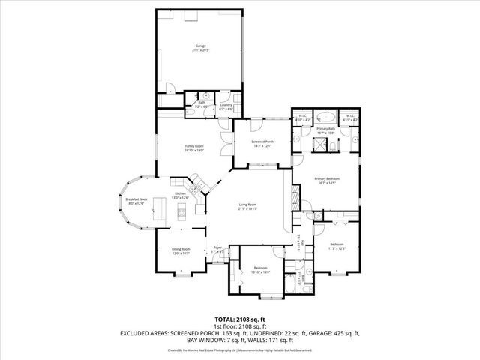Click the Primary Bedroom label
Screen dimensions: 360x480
pos(327,180)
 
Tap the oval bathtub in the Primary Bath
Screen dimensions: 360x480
pos(327,117)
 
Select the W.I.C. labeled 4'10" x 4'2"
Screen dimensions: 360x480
pos(303,117)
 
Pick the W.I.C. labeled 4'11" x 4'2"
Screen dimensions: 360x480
pos(350,117)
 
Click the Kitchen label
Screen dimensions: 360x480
pos(180,196)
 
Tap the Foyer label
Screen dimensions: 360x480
pos(217,249)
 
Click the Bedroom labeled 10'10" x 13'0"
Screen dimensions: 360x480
pos(260,270)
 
